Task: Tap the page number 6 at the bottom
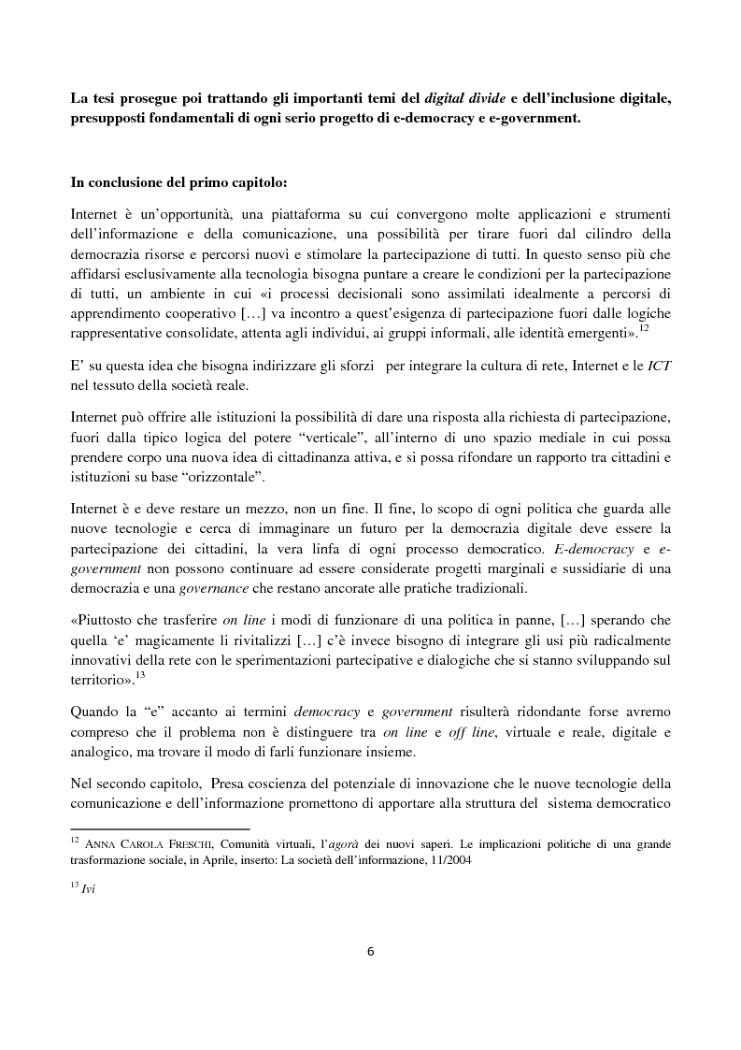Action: pos(370,951)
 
